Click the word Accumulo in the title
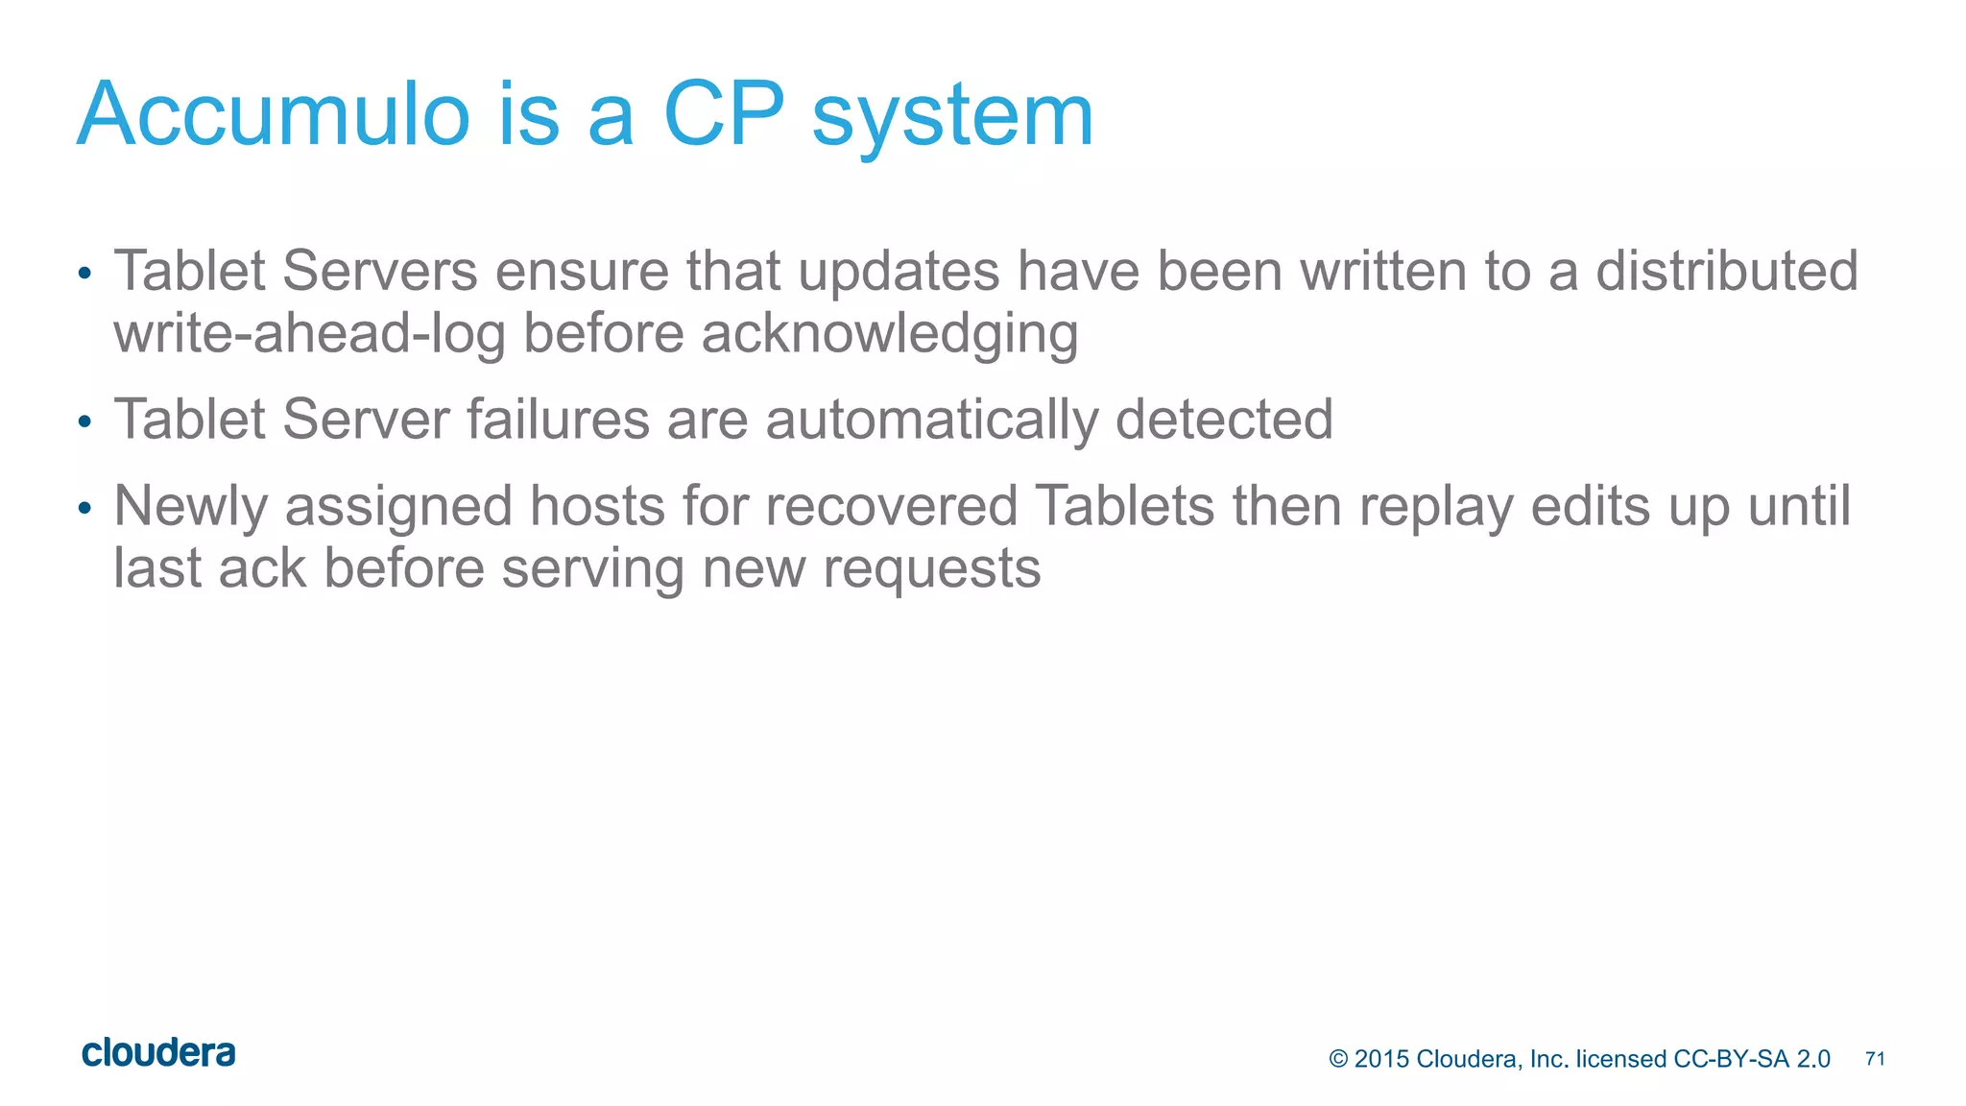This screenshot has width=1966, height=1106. click(x=273, y=115)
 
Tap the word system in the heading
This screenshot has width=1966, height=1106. click(x=952, y=120)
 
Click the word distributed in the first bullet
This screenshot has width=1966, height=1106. click(x=1727, y=271)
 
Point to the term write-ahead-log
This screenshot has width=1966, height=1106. click(x=309, y=334)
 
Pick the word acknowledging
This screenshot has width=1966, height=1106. click(x=890, y=334)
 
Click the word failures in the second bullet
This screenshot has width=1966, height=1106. click(x=558, y=420)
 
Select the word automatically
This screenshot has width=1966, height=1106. click(x=931, y=420)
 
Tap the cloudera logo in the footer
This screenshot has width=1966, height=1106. click(x=158, y=1053)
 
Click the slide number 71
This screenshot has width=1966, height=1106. click(x=1875, y=1059)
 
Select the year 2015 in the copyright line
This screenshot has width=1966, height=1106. click(x=1381, y=1059)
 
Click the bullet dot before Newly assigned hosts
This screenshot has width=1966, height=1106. click(x=84, y=508)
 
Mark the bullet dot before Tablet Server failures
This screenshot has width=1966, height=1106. click(x=84, y=421)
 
